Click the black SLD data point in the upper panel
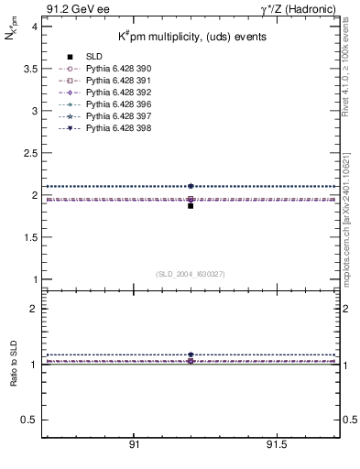pos(191,205)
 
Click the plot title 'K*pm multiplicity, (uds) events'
pos(191,37)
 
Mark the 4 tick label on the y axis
pos(35,27)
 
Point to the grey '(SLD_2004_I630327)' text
pos(190,274)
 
